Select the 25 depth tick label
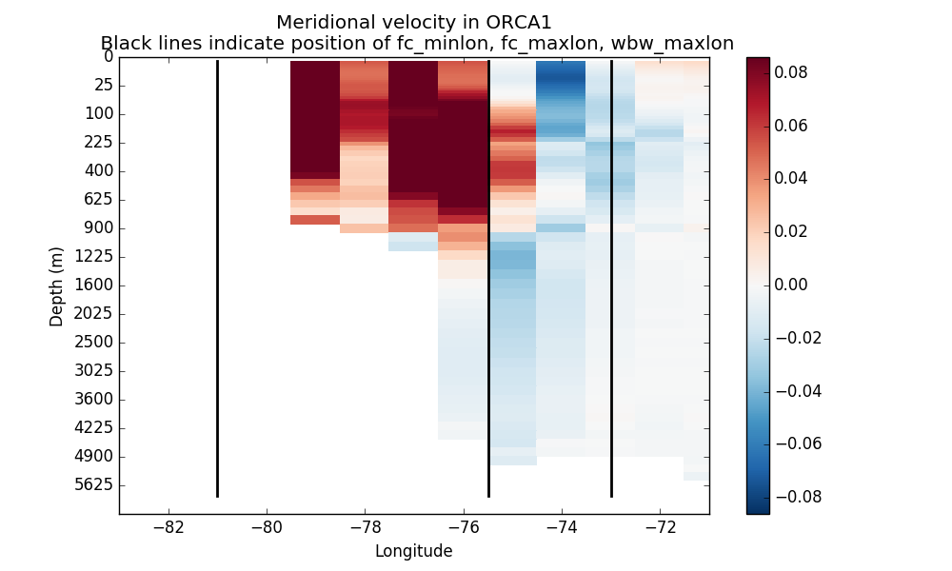click(103, 85)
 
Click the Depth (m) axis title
click(57, 285)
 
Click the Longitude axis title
click(413, 551)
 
